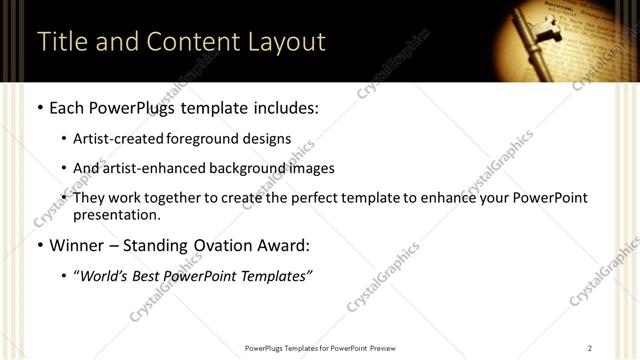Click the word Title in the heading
[60, 42]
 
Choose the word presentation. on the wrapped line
[116, 215]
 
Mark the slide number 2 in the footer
[590, 348]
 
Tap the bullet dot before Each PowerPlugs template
[40, 107]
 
